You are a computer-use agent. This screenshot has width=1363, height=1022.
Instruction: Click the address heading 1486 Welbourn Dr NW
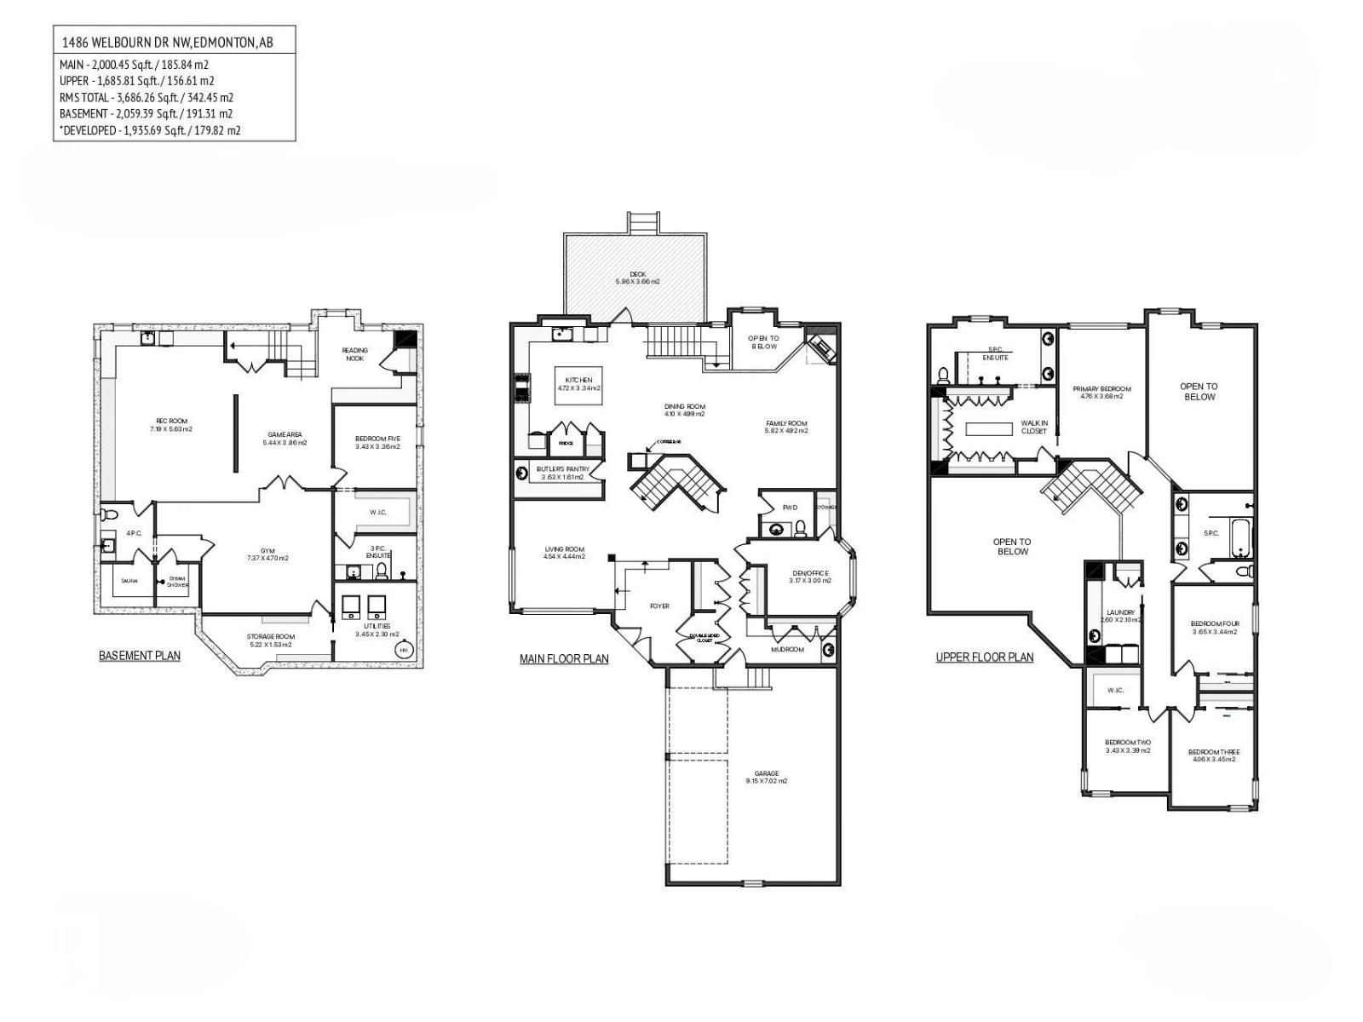(x=167, y=41)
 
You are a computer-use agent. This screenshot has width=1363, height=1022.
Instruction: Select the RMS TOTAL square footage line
(x=146, y=97)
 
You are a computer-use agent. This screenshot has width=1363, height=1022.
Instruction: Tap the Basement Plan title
(x=140, y=656)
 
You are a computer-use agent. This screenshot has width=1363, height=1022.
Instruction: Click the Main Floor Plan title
(x=564, y=658)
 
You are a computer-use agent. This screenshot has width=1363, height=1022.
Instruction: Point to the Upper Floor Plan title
(x=984, y=657)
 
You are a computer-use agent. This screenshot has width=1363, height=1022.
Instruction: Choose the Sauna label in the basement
(x=129, y=581)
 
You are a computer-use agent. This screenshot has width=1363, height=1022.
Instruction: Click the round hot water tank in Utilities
(x=402, y=651)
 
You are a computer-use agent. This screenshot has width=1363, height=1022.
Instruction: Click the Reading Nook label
(x=354, y=353)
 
